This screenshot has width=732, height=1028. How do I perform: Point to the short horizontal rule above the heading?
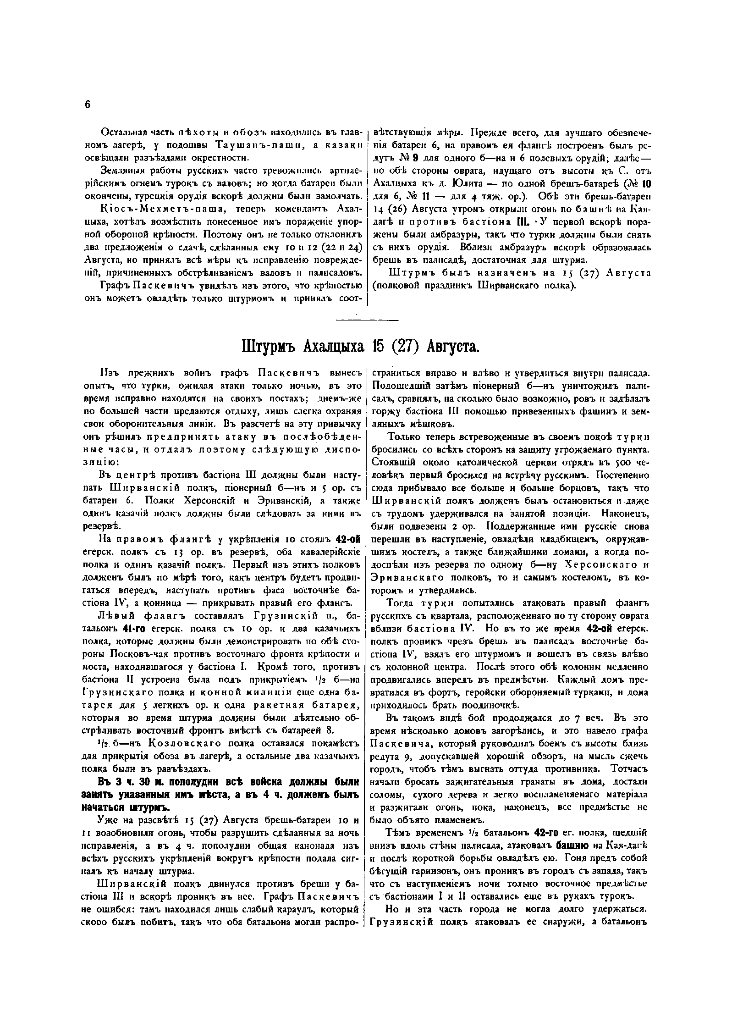367,320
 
